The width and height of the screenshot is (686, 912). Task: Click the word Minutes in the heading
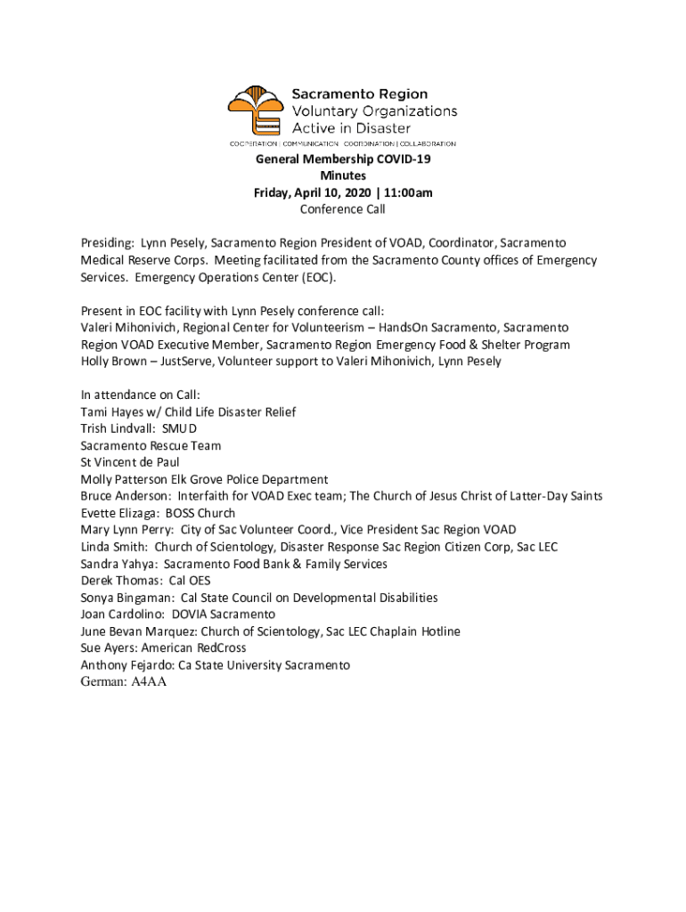coord(343,176)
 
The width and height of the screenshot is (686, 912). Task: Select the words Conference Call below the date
coord(343,210)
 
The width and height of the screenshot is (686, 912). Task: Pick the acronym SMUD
coord(179,429)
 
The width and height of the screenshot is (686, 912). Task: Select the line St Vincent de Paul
coord(130,463)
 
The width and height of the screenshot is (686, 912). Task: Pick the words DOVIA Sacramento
coord(224,615)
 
